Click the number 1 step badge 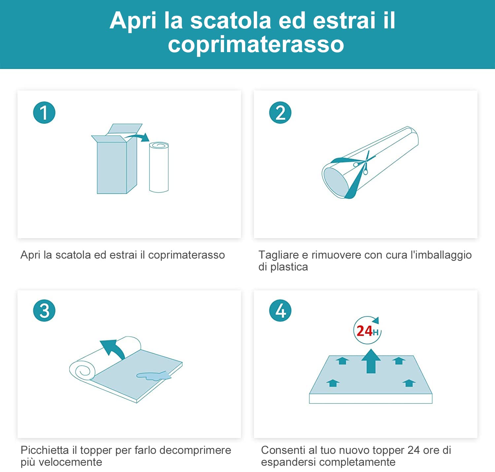tap(44, 112)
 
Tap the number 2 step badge tap(280, 112)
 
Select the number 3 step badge tap(44, 310)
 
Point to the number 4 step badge tap(280, 310)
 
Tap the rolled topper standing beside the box tap(159, 167)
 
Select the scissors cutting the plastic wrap tap(363, 164)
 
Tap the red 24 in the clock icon tap(364, 331)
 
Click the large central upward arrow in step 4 tap(371, 361)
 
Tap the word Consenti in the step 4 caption tap(283, 450)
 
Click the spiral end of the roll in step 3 tap(82, 370)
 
